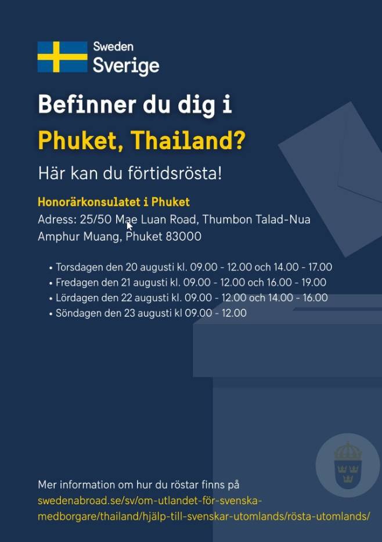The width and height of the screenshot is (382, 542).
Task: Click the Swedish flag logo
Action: pyautogui.click(x=63, y=57)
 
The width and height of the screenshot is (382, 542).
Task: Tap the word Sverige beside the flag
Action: pyautogui.click(x=126, y=66)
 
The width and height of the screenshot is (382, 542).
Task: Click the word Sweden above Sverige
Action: pyautogui.click(x=113, y=46)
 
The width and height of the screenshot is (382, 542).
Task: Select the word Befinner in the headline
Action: pyautogui.click(x=87, y=104)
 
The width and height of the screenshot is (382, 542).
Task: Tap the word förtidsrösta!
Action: pyautogui.click(x=175, y=173)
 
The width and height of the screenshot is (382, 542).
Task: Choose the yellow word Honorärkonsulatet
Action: pyautogui.click(x=89, y=202)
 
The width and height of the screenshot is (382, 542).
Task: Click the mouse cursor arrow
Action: pyautogui.click(x=129, y=226)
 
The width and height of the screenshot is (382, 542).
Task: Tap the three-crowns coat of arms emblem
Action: pyautogui.click(x=348, y=465)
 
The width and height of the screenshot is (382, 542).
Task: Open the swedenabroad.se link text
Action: pyautogui.click(x=204, y=508)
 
